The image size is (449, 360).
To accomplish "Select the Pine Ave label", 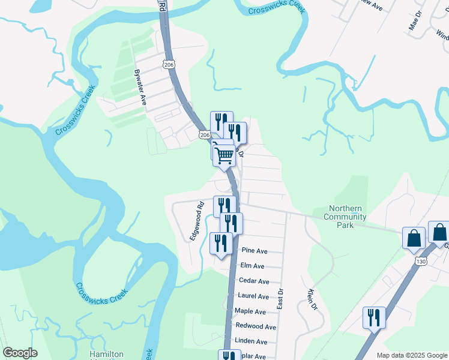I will (x=254, y=251).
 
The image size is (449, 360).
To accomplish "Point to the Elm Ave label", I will (x=252, y=266).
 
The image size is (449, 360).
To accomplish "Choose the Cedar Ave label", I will (x=254, y=281).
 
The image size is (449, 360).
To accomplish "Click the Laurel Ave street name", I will (x=253, y=296).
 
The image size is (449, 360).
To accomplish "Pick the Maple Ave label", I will (x=250, y=311).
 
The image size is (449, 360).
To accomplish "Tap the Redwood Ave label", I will (x=256, y=326).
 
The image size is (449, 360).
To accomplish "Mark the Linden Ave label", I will (x=252, y=341).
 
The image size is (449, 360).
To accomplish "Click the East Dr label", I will (x=280, y=299).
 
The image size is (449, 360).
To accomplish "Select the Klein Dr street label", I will (x=312, y=300).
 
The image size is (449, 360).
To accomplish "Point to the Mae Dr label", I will (x=412, y=23).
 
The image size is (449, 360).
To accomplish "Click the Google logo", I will (x=20, y=353).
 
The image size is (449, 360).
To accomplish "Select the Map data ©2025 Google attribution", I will (x=412, y=355).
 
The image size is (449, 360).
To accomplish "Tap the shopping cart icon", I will (x=224, y=155).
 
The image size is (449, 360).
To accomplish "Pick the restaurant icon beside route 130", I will (x=375, y=317).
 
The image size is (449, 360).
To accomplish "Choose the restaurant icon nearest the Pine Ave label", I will (x=221, y=243).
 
